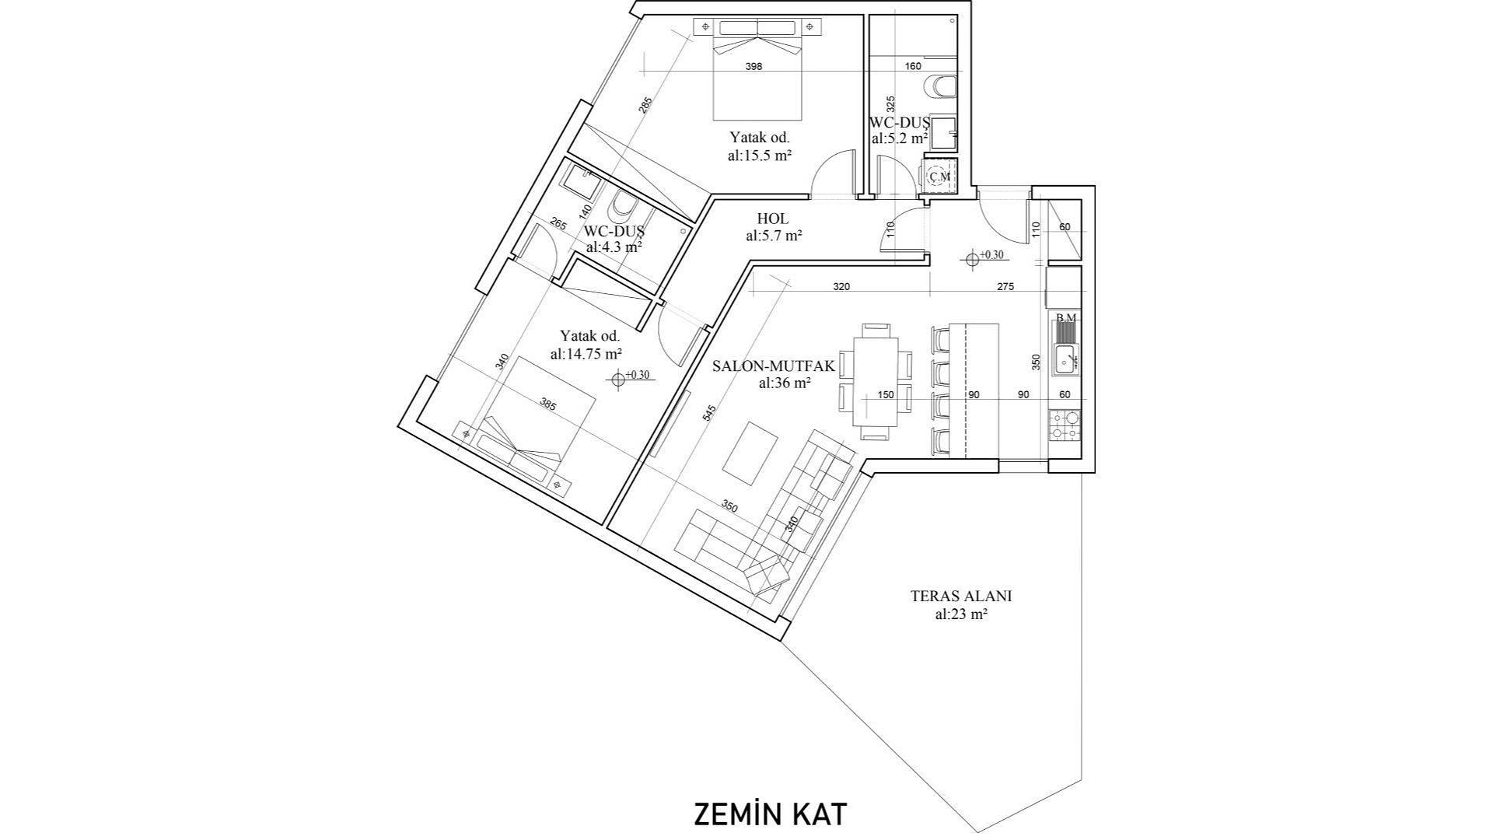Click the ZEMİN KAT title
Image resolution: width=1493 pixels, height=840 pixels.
point(770,814)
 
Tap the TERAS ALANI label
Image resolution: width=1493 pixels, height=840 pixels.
point(961,597)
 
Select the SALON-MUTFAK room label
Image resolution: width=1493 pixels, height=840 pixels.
point(762,366)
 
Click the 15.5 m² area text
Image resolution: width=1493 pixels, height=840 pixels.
point(760,155)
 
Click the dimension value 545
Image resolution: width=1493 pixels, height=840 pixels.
point(709,415)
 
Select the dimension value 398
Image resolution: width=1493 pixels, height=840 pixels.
point(753,66)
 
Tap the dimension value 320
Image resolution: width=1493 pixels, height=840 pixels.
point(841,286)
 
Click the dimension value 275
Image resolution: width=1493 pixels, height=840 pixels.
point(1005,286)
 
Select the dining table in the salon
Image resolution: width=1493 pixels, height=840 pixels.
point(876,381)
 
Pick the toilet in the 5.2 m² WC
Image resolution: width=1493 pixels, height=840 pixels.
point(937,87)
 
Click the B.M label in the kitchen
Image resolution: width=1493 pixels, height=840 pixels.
point(1065,317)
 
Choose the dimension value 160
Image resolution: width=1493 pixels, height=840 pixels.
point(913,66)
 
